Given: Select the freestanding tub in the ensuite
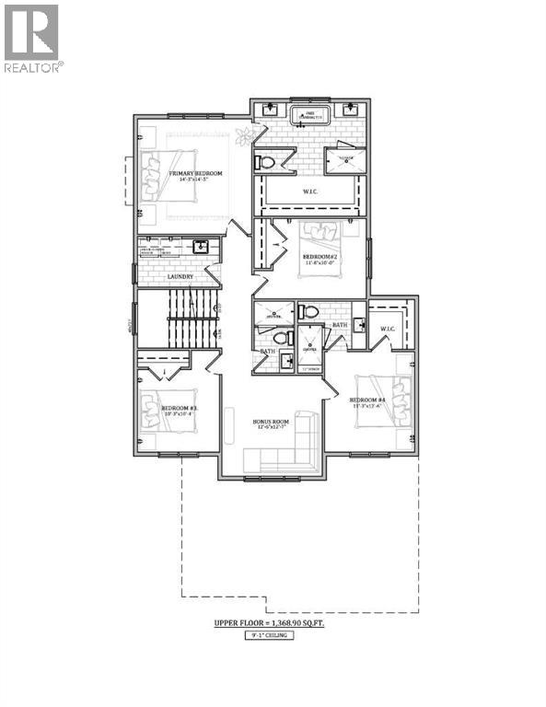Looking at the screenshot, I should [x=309, y=117].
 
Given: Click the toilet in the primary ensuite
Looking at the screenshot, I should [x=267, y=162].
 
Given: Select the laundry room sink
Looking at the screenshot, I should [x=200, y=247].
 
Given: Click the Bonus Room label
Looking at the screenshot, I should [x=272, y=423].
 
